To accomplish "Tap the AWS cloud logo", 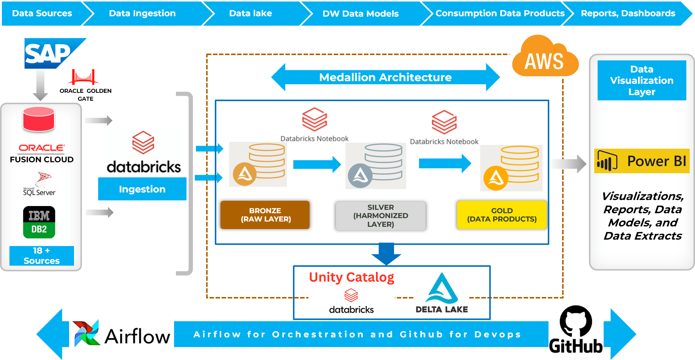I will [x=544, y=57].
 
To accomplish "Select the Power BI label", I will [x=642, y=161].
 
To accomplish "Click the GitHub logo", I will [x=576, y=329].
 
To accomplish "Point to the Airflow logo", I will [x=122, y=334].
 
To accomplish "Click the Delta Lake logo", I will [x=441, y=292].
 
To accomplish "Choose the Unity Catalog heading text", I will [x=351, y=277].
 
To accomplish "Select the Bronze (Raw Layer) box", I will [x=265, y=215].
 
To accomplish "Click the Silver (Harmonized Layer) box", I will [x=381, y=216].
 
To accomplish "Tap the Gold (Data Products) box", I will [x=502, y=215].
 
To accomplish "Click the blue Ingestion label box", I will [x=142, y=189].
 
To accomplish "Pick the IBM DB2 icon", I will [x=39, y=222].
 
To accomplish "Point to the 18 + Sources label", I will [x=42, y=256].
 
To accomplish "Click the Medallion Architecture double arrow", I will [x=385, y=77].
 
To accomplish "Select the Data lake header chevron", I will [x=251, y=14].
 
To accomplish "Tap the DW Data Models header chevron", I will [x=361, y=14].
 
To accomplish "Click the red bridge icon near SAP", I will [x=83, y=77].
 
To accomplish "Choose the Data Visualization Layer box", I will [x=642, y=80].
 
